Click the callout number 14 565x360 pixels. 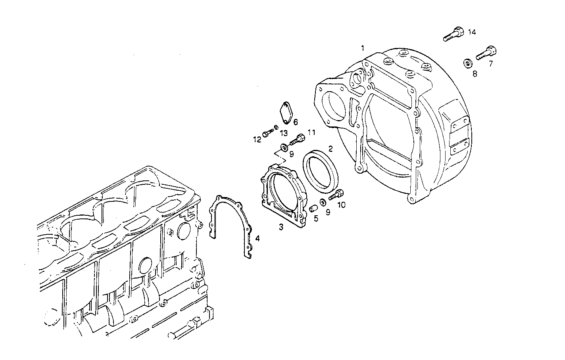coord(471,32)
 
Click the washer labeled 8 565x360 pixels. coord(468,63)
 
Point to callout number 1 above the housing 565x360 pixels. coord(362,48)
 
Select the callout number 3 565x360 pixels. coord(281,227)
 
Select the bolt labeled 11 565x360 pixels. coord(298,139)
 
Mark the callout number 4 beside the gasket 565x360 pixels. coord(257,238)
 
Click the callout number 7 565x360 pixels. coord(491,63)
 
